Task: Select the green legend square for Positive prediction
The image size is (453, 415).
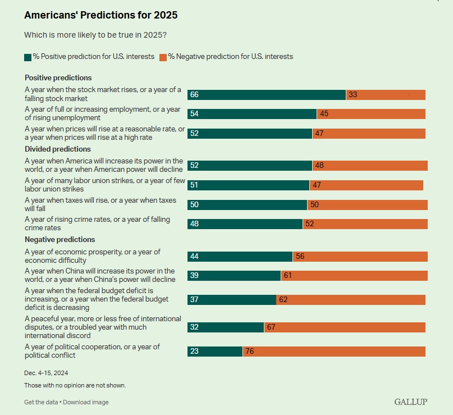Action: pos(28,57)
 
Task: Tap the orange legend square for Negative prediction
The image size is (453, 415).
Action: pos(163,57)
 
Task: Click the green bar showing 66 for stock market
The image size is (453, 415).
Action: pos(267,95)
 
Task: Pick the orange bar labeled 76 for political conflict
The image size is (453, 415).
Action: pos(334,352)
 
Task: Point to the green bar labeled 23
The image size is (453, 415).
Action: pos(215,352)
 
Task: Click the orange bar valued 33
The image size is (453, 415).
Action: pos(386,95)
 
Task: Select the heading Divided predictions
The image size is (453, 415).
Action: pos(57,149)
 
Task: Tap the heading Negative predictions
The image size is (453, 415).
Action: pos(60,240)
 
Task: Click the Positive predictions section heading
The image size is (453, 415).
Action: pos(58,78)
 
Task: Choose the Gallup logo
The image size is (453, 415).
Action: pos(411,402)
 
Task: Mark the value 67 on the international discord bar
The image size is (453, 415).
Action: pos(271,327)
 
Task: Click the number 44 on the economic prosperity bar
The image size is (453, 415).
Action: pos(195,257)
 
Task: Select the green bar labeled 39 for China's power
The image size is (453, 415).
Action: pos(234,276)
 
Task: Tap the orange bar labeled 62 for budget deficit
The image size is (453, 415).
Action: pos(351,300)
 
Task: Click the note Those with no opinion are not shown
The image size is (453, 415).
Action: pos(75,385)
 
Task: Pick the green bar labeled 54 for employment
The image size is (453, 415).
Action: pos(252,114)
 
